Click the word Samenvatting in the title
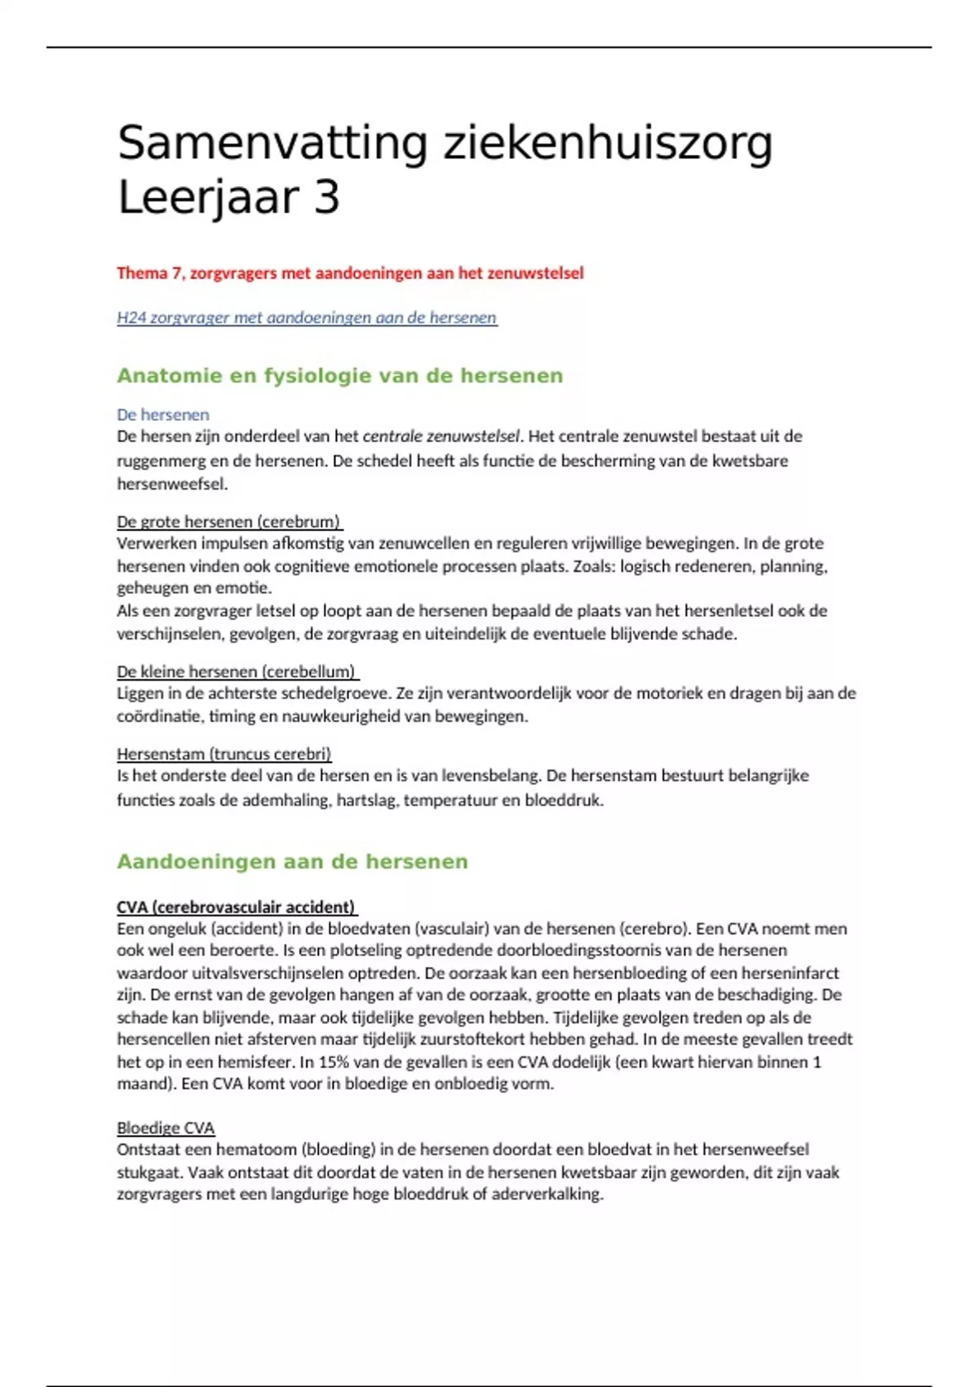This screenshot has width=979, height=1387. (x=272, y=144)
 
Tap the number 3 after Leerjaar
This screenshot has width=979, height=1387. (x=326, y=197)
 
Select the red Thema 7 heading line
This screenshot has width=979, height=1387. (x=350, y=273)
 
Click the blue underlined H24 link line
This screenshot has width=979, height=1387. (x=307, y=317)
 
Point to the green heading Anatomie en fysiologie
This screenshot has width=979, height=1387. (x=339, y=376)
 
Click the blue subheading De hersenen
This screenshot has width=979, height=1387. (x=162, y=414)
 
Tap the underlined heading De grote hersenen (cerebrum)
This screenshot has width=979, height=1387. (x=228, y=521)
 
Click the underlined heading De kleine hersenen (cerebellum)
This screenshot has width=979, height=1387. (x=237, y=671)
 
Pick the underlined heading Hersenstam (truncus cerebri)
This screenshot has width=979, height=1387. (x=224, y=754)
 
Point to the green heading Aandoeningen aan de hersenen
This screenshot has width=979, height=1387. (x=292, y=862)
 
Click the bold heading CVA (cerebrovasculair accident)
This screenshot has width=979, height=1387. (x=236, y=906)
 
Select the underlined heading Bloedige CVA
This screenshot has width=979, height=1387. (x=166, y=1128)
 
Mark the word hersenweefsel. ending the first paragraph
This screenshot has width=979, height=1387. (x=172, y=484)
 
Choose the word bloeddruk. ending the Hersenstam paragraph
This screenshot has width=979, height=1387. (x=564, y=800)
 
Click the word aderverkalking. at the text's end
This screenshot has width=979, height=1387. (x=547, y=1194)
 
